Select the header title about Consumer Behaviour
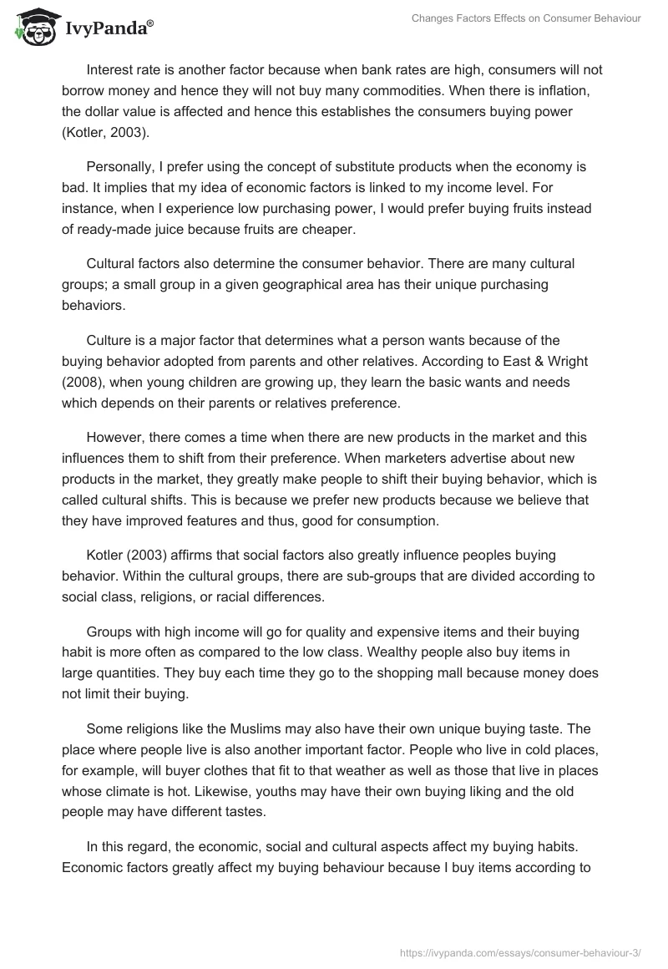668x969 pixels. pos(526,18)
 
